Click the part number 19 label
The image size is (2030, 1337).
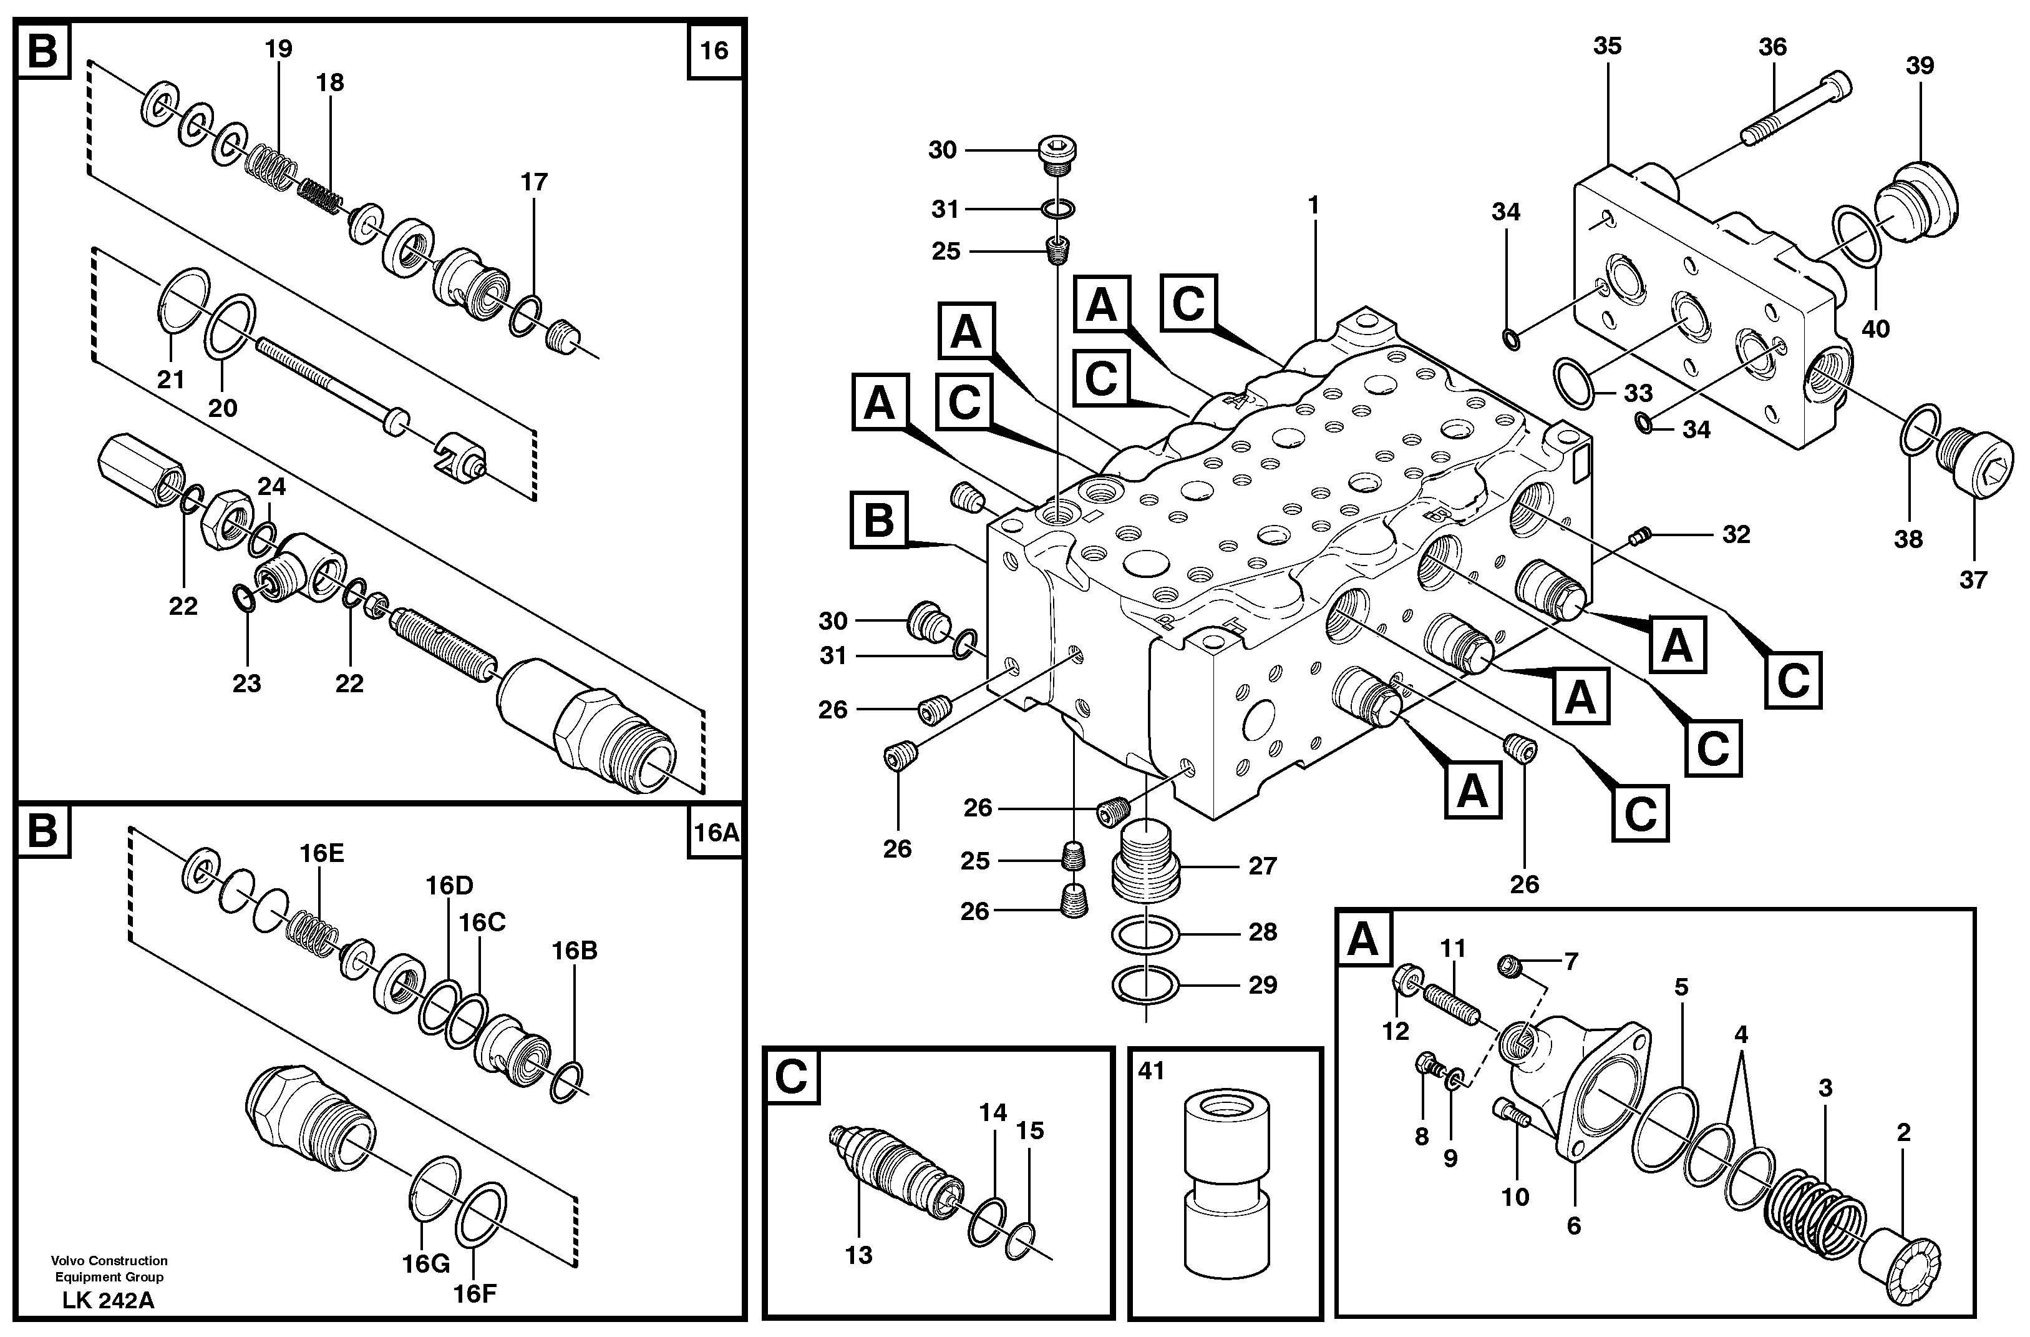coord(278,49)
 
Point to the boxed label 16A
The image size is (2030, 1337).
coord(715,832)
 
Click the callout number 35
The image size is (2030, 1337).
coord(1607,46)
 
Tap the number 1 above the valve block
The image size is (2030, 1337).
coord(1314,205)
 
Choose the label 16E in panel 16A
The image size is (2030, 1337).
coord(321,853)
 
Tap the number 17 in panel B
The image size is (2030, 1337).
coord(534,182)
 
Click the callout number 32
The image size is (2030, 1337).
coord(1736,534)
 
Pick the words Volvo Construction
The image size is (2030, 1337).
coord(109,1260)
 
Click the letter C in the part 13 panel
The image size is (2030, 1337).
coord(790,1077)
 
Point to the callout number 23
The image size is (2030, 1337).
coord(246,683)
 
